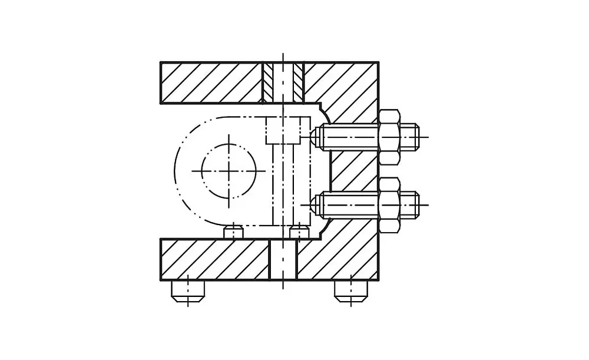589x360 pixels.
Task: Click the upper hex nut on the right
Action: pyautogui.click(x=389, y=137)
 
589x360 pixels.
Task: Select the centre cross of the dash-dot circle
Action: pyautogui.click(x=229, y=170)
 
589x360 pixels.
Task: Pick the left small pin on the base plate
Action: pyautogui.click(x=234, y=233)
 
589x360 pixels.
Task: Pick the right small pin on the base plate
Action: pyautogui.click(x=299, y=233)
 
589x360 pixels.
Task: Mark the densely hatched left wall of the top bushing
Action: pyautogui.click(x=268, y=82)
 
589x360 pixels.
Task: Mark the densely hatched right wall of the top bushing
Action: pyautogui.click(x=298, y=82)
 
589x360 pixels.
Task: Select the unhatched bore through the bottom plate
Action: pyautogui.click(x=283, y=259)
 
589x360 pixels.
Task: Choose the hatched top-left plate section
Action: pyautogui.click(x=211, y=82)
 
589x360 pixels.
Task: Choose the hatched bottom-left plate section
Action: pyautogui.click(x=214, y=259)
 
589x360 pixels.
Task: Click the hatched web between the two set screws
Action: pyautogui.click(x=353, y=171)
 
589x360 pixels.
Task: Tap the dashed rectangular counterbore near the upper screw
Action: pyautogui.click(x=287, y=130)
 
